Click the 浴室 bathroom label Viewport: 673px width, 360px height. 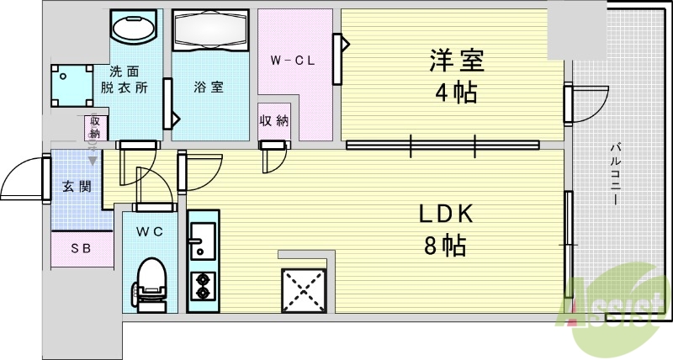point(209,87)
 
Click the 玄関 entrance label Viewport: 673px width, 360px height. point(77,186)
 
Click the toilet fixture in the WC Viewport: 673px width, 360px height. point(151,281)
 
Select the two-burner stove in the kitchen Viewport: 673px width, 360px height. point(202,286)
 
